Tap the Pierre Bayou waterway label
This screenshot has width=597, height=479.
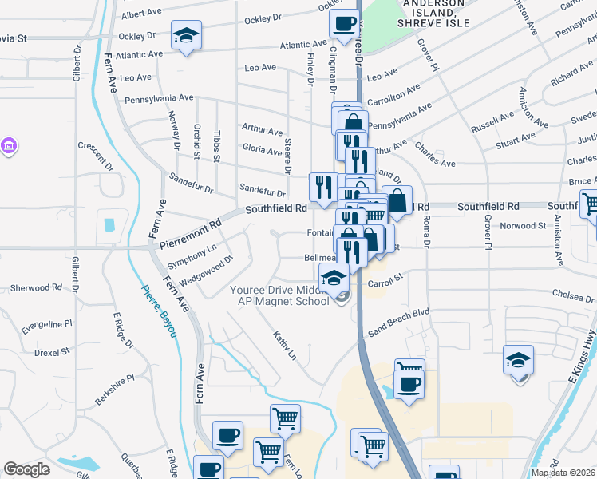click(x=159, y=311)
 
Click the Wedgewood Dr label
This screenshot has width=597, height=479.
click(x=206, y=271)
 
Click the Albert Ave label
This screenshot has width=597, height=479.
click(x=141, y=15)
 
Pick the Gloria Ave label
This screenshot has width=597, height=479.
click(x=262, y=149)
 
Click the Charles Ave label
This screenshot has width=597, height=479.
click(x=435, y=158)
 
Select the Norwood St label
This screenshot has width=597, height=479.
click(x=522, y=225)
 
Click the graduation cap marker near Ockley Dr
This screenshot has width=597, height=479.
click(x=186, y=37)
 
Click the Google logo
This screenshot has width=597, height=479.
click(x=26, y=469)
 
